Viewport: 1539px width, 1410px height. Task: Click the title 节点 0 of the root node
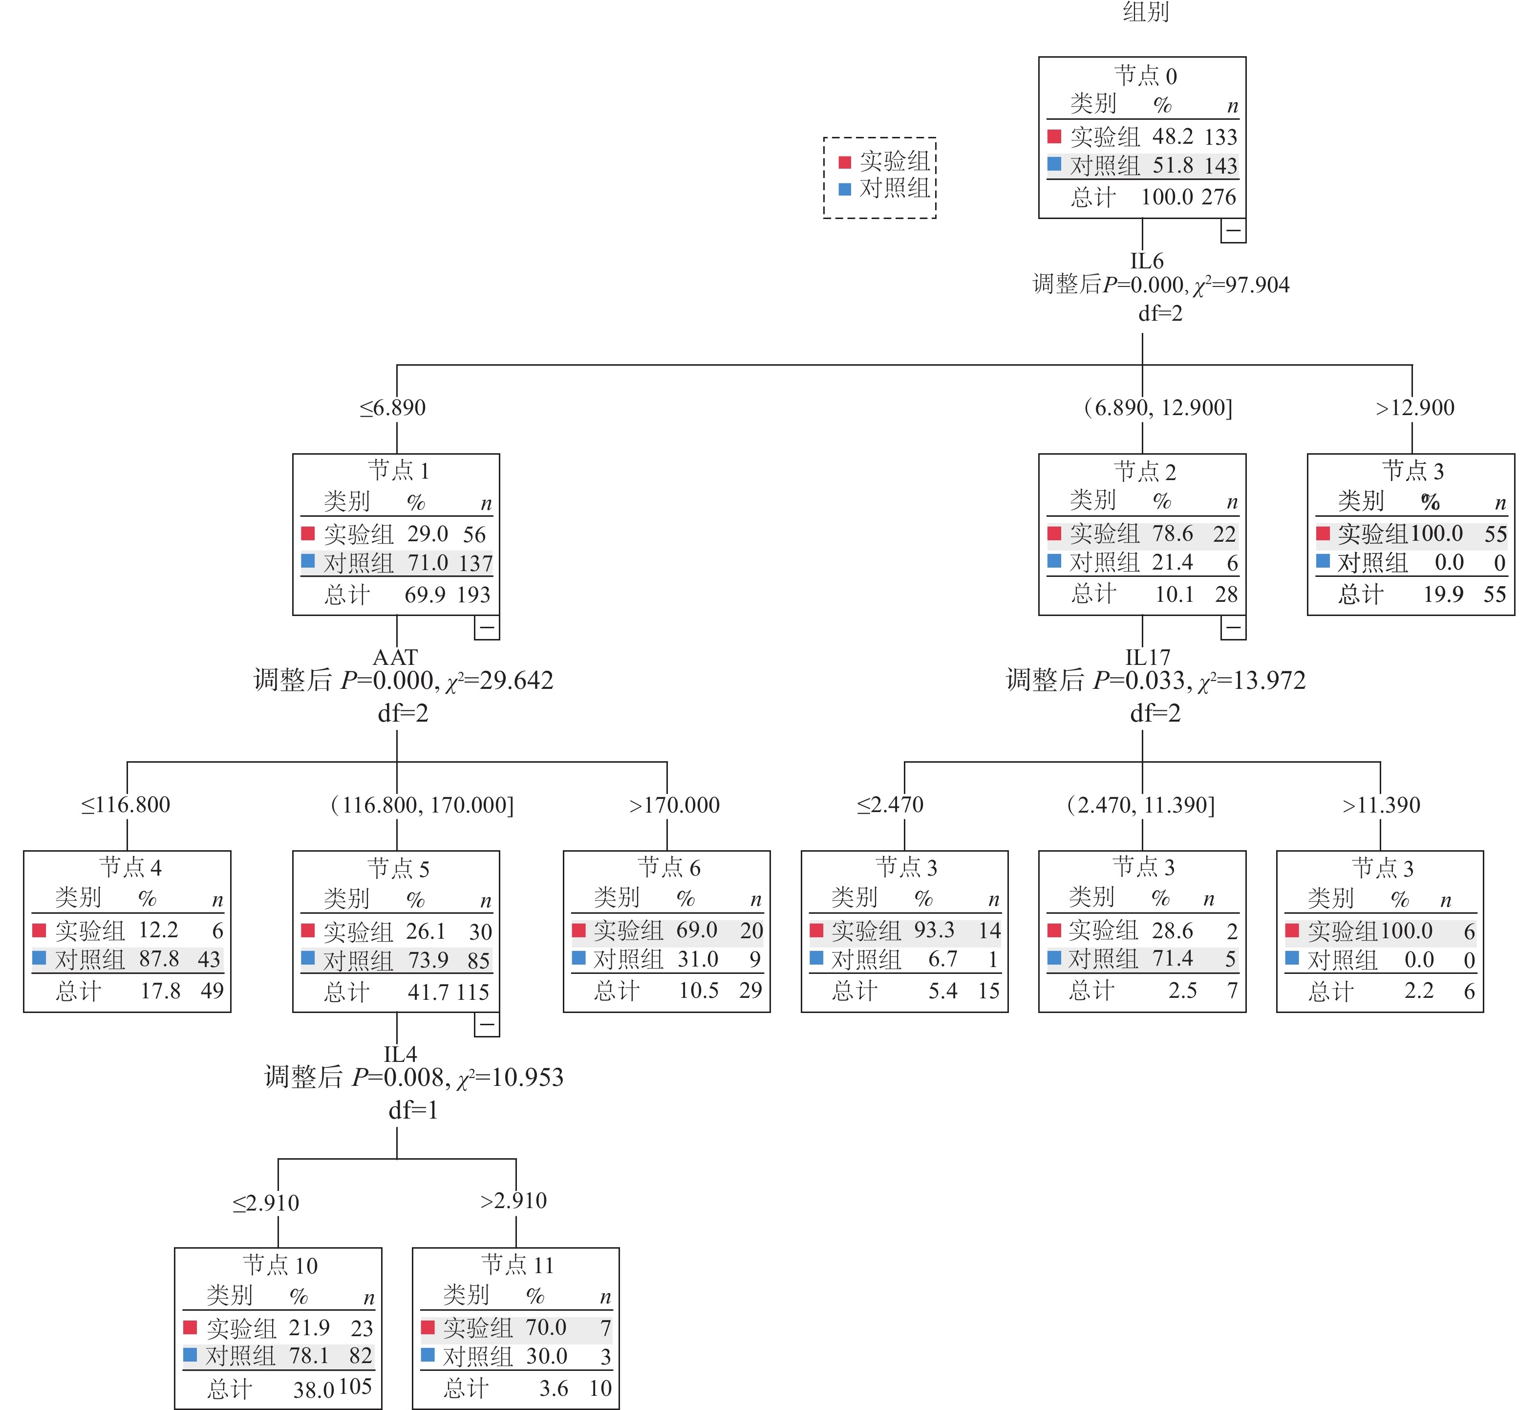(1145, 76)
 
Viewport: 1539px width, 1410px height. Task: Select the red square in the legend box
(844, 162)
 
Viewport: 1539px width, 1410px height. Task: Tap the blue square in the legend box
(844, 189)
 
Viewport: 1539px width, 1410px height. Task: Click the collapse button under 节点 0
(1233, 231)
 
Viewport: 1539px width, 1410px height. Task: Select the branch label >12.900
(1414, 408)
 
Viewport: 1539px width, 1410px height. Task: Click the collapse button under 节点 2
(1233, 627)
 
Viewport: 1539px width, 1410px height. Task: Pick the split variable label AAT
(395, 657)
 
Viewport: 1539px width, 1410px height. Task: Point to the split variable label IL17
(1147, 657)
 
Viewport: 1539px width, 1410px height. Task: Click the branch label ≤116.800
(126, 805)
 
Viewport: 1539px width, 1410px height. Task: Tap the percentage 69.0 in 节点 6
(696, 930)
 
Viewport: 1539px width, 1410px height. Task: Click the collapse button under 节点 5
(486, 1024)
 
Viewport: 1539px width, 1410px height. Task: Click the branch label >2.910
(513, 1201)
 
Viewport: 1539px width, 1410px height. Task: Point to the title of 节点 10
(280, 1266)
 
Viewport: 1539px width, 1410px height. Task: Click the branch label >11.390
(1381, 805)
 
